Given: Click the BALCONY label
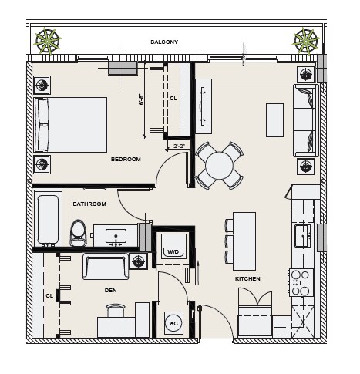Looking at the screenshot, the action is click(x=164, y=42).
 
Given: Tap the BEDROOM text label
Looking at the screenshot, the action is click(x=126, y=160).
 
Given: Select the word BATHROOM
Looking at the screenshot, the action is click(x=89, y=204).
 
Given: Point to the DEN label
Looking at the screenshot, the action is click(x=110, y=291).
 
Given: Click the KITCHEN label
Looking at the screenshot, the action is click(x=247, y=279).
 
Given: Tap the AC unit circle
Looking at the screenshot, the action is click(x=173, y=323).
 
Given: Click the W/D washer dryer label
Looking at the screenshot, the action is click(x=173, y=251).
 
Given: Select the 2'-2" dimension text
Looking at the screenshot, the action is click(x=179, y=147).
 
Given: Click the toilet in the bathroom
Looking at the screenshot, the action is click(x=79, y=233).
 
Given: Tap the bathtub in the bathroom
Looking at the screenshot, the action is click(x=48, y=220).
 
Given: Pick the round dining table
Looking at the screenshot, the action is click(x=219, y=166).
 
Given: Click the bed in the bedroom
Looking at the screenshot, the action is click(x=70, y=125).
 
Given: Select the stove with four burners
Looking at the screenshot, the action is click(x=301, y=283).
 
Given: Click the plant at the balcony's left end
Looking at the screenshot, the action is click(x=47, y=41).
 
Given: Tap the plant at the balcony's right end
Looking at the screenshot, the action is click(x=305, y=41).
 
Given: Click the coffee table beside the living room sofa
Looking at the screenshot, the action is click(x=275, y=120).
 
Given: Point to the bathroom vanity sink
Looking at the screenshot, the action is click(x=116, y=236).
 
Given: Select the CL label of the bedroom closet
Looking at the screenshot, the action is click(x=173, y=99).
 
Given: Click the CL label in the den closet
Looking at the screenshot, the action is click(x=49, y=296).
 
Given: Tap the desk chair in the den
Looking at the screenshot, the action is click(x=116, y=310).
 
